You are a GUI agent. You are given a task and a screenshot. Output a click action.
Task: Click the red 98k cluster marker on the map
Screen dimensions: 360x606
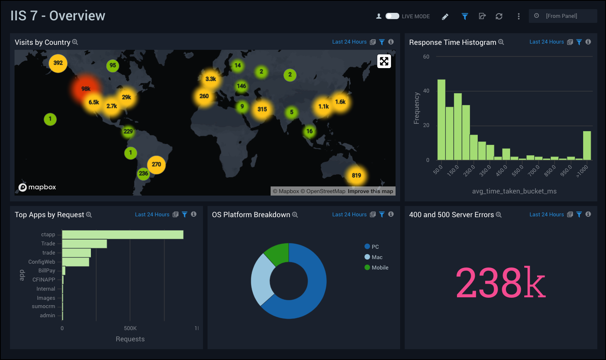86,88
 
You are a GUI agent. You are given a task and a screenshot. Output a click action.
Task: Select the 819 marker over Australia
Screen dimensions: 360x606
356,175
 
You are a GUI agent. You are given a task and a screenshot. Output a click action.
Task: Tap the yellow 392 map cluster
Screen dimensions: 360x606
58,63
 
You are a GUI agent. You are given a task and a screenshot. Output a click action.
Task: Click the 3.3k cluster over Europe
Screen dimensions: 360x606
210,79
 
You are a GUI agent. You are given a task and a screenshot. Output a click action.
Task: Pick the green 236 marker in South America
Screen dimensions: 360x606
144,174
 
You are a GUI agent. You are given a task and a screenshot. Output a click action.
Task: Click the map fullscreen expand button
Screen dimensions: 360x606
384,61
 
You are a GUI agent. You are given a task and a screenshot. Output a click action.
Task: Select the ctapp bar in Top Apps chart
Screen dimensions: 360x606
122,235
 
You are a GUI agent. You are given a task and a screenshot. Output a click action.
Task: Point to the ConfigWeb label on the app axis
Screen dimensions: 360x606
42,262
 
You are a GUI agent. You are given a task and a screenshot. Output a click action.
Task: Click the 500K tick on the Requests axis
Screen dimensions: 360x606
130,328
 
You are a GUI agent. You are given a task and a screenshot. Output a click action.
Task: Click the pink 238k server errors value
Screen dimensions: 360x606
501,283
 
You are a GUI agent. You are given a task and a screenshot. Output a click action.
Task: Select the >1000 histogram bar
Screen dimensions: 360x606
587,145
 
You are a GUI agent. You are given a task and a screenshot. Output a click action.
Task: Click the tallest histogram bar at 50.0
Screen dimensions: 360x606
441,120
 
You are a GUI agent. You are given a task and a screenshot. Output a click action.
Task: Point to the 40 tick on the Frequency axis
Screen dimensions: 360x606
426,91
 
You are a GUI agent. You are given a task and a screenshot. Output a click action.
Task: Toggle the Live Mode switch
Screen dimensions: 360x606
392,16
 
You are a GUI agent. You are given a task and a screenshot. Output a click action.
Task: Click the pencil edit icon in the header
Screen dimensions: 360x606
445,17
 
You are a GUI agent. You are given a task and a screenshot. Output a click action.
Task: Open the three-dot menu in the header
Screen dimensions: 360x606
518,16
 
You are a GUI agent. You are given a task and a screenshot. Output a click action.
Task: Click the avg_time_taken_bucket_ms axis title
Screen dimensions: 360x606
514,191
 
